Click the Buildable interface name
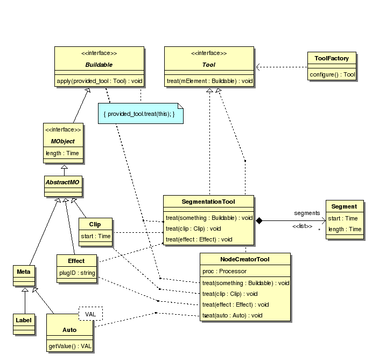coord(99,65)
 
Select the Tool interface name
coord(208,65)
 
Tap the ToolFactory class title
coord(332,58)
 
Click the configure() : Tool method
coord(332,74)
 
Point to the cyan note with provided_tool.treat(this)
coord(140,114)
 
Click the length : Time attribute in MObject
coord(62,153)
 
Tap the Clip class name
coord(95,224)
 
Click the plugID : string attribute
coord(76,273)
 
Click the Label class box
coord(23,320)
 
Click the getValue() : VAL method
coord(70,345)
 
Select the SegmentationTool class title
coord(209,202)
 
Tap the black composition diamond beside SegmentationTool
coord(258,220)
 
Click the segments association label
coord(307,213)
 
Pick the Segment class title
coord(343,206)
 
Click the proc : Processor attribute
coord(224,271)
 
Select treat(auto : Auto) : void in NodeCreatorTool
coord(232,315)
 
